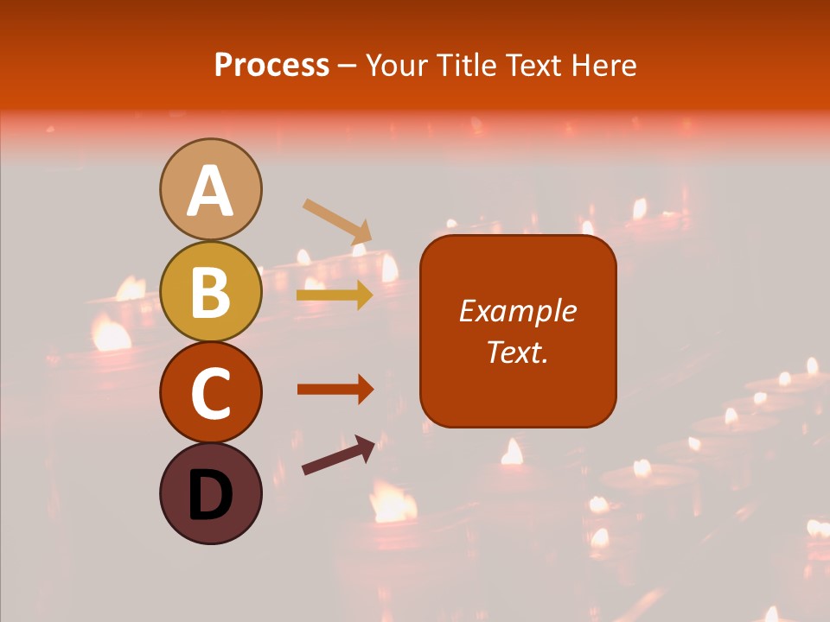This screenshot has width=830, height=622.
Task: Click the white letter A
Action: (210, 191)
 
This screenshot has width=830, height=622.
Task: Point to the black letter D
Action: (210, 496)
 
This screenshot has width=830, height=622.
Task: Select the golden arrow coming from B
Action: (335, 295)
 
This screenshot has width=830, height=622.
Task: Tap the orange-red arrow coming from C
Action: (335, 390)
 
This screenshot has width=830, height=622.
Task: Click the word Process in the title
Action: (271, 66)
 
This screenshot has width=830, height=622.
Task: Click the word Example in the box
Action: (517, 311)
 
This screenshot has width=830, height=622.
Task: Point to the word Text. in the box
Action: (517, 352)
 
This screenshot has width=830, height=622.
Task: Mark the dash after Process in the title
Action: (348, 67)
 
